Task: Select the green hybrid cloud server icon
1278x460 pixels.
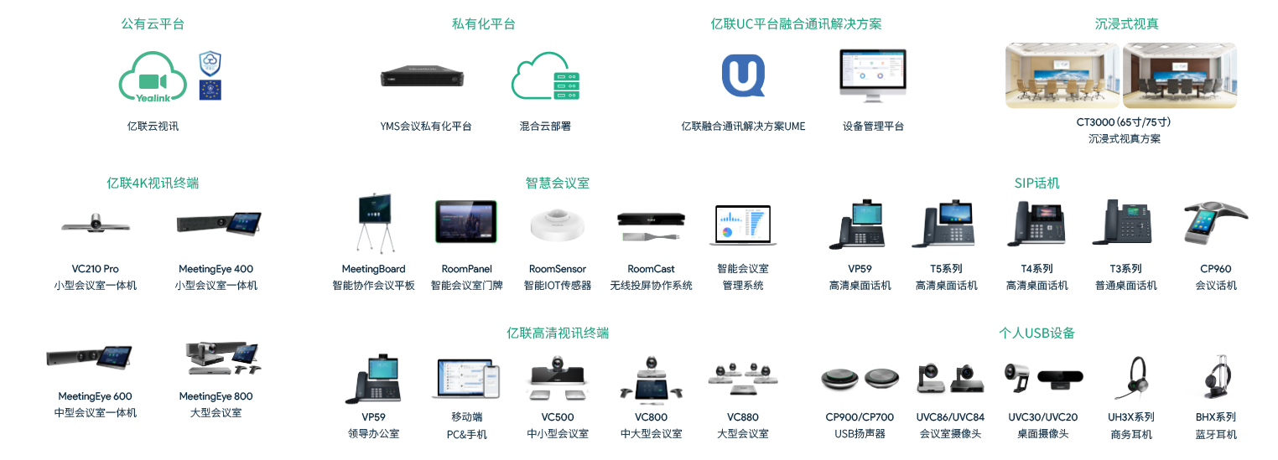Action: click(x=546, y=78)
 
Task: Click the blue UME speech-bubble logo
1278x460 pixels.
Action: click(x=743, y=75)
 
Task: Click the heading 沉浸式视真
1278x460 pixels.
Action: click(x=1120, y=24)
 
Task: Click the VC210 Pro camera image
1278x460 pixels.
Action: click(x=95, y=224)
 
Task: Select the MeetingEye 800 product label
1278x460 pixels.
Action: click(x=216, y=396)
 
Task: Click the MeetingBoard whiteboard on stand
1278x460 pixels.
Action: click(x=374, y=223)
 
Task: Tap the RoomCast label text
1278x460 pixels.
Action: click(x=651, y=269)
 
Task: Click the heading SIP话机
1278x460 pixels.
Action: click(x=1036, y=183)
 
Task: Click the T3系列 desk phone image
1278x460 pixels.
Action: click(x=1125, y=224)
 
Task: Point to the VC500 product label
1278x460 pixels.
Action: click(x=558, y=416)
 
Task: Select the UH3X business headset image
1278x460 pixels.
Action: click(x=1131, y=379)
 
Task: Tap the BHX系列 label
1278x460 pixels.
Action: click(x=1215, y=416)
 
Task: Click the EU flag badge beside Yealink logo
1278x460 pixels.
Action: click(x=210, y=89)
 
